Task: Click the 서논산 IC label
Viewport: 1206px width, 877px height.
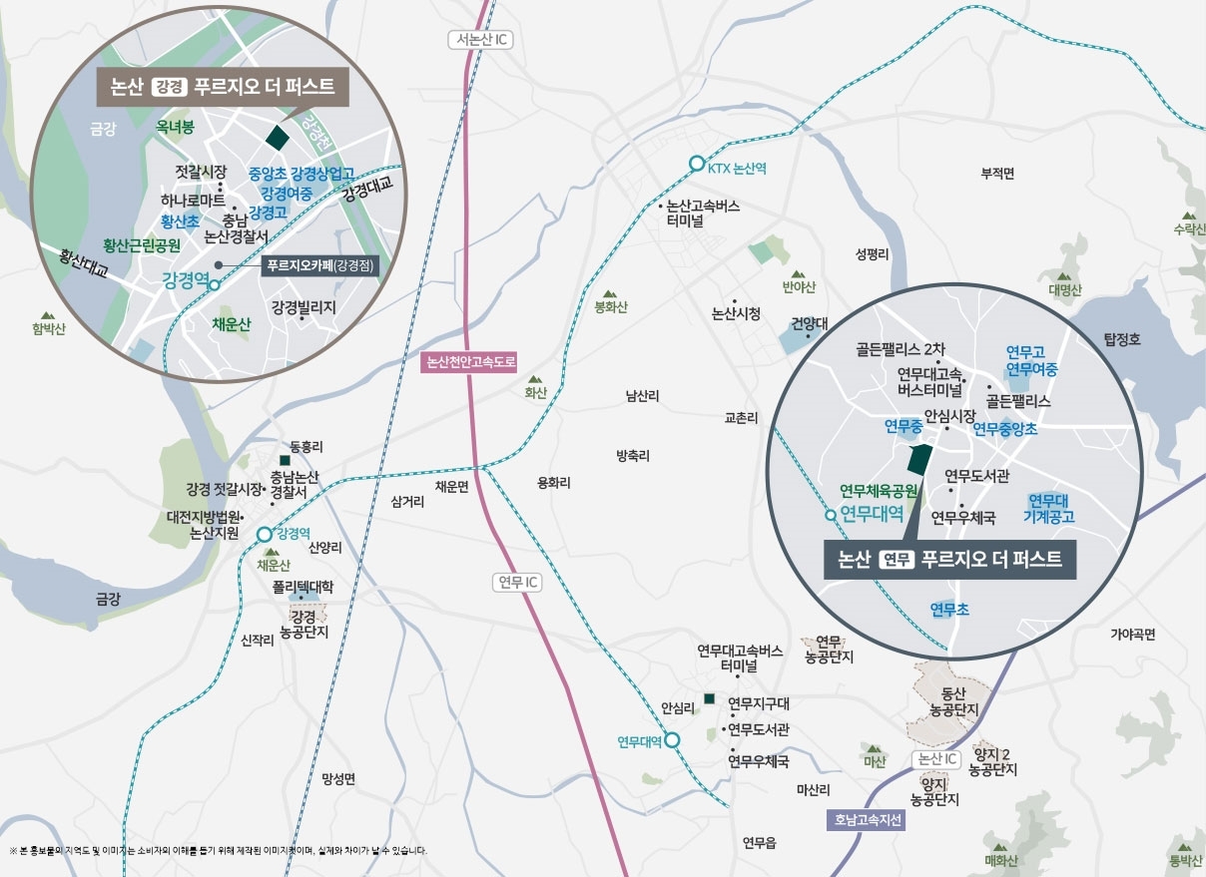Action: (x=478, y=40)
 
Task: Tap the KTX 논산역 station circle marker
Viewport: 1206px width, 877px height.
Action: (x=695, y=165)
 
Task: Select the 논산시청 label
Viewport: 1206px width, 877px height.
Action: (x=736, y=313)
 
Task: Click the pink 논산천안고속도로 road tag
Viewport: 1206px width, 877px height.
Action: (x=471, y=361)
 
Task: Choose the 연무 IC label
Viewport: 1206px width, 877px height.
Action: (x=518, y=582)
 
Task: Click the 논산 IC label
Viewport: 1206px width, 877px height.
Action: (x=936, y=759)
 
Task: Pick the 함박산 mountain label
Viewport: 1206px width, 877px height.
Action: (x=48, y=329)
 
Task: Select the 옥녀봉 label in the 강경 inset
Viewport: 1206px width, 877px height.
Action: (x=175, y=127)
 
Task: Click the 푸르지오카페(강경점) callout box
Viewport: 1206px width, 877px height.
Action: (x=319, y=266)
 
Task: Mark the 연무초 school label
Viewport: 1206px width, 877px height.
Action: (x=948, y=608)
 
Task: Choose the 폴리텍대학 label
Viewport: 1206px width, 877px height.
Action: (x=303, y=588)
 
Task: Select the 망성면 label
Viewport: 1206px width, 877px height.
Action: (x=338, y=778)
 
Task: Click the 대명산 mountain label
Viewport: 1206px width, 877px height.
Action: (x=1065, y=290)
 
